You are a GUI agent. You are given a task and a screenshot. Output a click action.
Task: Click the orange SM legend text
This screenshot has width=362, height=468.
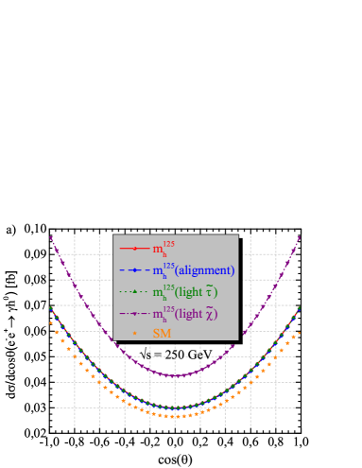tap(162, 334)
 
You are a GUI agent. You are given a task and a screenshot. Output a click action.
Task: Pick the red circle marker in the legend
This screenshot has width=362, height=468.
tap(134, 249)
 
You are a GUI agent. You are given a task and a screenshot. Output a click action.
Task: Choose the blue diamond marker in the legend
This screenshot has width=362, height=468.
tap(134, 270)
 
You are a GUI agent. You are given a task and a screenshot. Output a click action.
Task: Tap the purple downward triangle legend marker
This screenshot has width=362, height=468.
tap(134, 313)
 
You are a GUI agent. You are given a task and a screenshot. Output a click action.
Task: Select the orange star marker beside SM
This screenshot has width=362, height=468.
tap(134, 334)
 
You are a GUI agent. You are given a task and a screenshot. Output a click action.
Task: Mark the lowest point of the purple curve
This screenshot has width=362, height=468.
tap(176, 375)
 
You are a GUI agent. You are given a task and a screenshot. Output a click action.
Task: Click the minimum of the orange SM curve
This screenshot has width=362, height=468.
tap(176, 416)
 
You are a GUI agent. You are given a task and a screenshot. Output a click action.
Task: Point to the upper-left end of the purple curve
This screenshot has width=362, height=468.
tap(51, 237)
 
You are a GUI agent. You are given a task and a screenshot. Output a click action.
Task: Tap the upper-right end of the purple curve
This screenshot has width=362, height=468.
tap(300, 237)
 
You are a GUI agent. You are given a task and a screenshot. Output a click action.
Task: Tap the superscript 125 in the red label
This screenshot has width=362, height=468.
tap(169, 243)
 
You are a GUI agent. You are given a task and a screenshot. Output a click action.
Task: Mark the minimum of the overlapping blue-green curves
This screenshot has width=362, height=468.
tap(176, 408)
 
